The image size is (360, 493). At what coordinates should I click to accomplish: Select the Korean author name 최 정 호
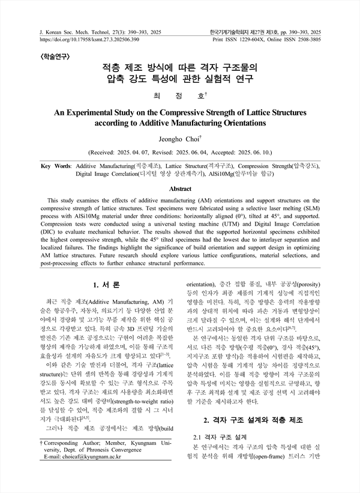click(179, 95)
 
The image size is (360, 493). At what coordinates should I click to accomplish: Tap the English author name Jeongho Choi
click(180, 139)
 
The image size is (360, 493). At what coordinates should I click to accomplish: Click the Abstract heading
click(180, 188)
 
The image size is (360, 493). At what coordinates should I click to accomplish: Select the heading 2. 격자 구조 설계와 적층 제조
click(254, 420)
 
